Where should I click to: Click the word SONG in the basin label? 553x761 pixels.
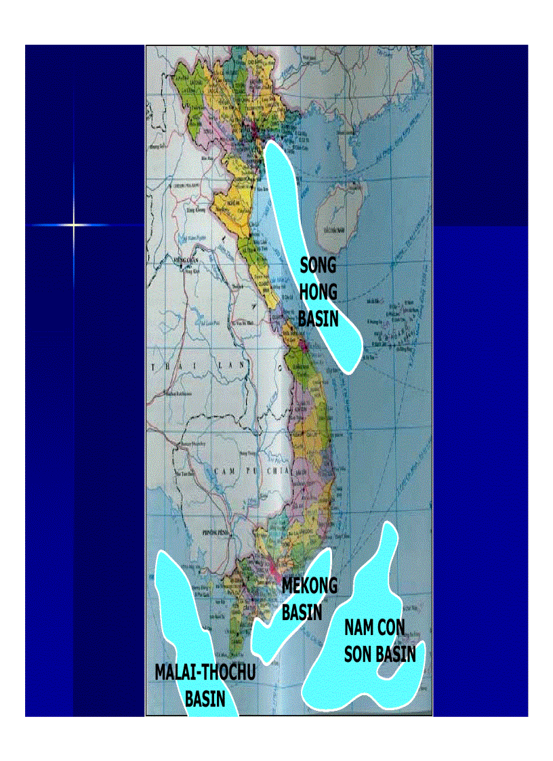coord(318,265)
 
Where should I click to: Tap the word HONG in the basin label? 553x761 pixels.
coord(318,291)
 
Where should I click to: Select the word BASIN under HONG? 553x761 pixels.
coord(318,317)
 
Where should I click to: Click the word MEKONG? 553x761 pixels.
coord(309,585)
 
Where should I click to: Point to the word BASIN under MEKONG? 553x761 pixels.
coord(302,612)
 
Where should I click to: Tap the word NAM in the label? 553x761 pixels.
coord(359,628)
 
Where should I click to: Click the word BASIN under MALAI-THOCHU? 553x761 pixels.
coord(205,699)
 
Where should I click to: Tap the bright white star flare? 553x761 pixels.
coord(74,224)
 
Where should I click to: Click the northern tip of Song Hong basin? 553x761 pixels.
coord(271,144)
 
